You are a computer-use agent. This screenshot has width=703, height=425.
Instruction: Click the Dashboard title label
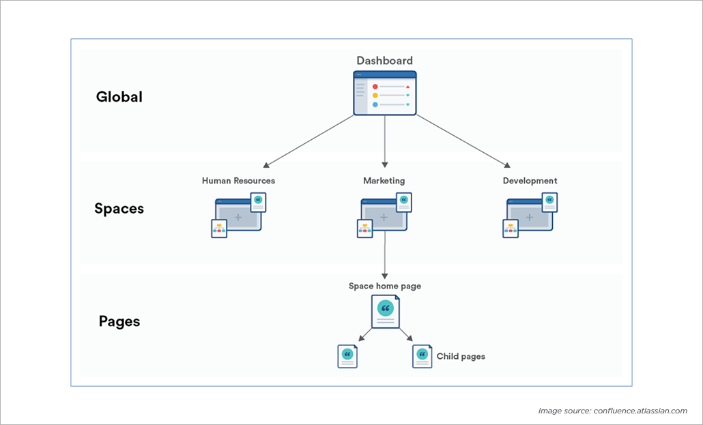point(384,61)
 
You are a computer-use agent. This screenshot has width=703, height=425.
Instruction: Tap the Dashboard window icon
point(384,93)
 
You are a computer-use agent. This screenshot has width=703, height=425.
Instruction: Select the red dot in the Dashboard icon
point(375,87)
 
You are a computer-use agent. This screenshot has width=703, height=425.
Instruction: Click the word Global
point(119,97)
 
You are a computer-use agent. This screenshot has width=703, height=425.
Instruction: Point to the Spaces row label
point(119,209)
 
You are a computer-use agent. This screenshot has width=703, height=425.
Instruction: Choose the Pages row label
point(119,321)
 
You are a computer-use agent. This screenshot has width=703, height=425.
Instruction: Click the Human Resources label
point(238,181)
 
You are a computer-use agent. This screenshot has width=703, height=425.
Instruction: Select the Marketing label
point(384,181)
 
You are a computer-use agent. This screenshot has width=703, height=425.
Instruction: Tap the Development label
point(530,181)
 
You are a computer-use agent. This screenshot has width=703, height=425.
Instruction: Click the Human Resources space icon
point(238,216)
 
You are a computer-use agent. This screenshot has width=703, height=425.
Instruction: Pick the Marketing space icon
point(384,216)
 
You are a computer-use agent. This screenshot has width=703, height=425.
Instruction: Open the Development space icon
point(530,216)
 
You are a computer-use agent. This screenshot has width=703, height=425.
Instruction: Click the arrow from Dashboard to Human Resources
point(309,141)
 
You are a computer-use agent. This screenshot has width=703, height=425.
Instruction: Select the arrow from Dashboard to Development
point(463,141)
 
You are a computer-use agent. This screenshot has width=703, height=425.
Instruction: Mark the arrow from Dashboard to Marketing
point(384,141)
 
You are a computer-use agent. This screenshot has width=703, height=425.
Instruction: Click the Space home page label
point(385,286)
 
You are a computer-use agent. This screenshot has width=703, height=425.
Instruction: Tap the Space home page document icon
point(385,311)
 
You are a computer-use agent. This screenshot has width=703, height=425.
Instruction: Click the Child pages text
point(461,356)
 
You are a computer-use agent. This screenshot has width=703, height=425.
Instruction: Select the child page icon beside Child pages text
point(422,356)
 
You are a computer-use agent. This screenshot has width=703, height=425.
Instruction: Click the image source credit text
point(612,411)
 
